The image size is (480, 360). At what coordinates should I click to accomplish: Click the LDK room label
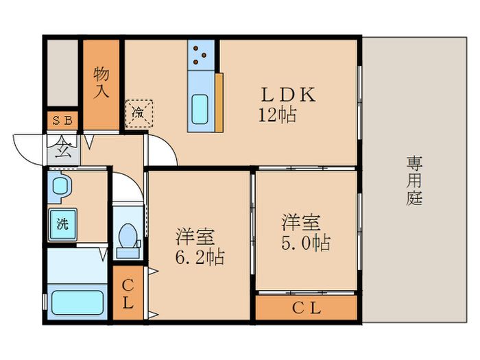pyautogui.click(x=287, y=95)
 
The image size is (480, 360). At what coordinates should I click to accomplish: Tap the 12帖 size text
pyautogui.click(x=277, y=115)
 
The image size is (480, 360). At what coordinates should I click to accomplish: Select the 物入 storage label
pyautogui.click(x=101, y=82)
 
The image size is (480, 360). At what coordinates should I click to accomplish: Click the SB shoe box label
pyautogui.click(x=62, y=121)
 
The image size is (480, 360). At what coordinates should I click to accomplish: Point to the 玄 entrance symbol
pyautogui.click(x=62, y=147)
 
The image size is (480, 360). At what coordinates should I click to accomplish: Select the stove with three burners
pyautogui.click(x=201, y=55)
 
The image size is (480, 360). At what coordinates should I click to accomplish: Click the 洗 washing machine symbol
pyautogui.click(x=62, y=223)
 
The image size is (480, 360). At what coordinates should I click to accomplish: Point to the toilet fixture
pyautogui.click(x=128, y=237)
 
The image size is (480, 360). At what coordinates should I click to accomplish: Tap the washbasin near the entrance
pyautogui.click(x=62, y=187)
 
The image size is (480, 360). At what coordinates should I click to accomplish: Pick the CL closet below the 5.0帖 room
pyautogui.click(x=307, y=308)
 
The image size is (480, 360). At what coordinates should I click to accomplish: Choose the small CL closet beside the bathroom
pyautogui.click(x=128, y=293)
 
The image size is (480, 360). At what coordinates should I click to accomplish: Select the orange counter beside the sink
pyautogui.click(x=219, y=102)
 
